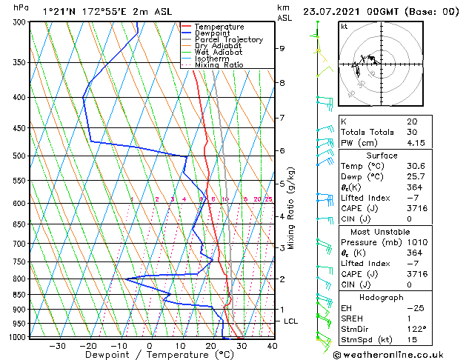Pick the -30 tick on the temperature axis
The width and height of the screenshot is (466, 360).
pos(57,346)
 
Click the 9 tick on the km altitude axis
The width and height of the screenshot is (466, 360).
pos(282,48)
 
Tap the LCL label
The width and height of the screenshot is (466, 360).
pos(290,321)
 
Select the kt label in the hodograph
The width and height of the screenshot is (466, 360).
pos(344,27)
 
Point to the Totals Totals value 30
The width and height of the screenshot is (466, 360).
pos(410,132)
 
